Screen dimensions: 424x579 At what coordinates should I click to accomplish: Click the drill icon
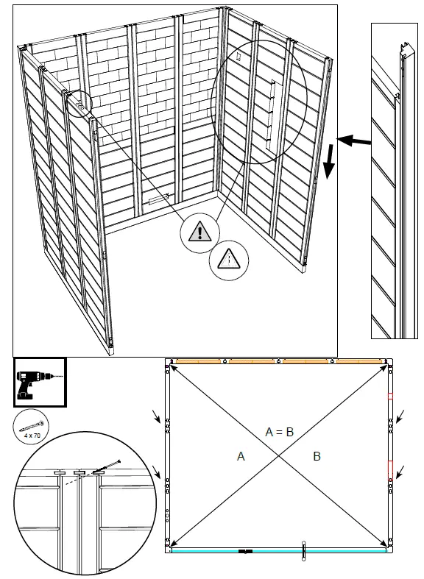[x=40, y=383]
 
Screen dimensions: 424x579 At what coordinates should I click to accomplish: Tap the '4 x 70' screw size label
[x=32, y=436]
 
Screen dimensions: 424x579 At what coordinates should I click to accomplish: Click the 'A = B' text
[x=280, y=432]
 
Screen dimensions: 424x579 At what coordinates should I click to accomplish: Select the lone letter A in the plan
[x=241, y=456]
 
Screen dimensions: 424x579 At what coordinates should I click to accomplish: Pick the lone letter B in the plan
[x=317, y=456]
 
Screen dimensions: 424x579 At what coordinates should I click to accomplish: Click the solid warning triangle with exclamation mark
[x=199, y=231]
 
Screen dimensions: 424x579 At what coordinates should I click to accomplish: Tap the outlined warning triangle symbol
[x=229, y=259]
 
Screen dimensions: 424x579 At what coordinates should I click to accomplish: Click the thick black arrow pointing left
[x=354, y=141]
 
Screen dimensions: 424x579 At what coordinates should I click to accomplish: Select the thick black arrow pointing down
[x=330, y=162]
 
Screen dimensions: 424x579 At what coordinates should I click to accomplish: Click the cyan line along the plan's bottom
[x=279, y=550]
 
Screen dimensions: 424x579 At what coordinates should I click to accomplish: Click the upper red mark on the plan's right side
[x=390, y=397]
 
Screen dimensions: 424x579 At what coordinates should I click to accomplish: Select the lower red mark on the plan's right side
[x=390, y=469]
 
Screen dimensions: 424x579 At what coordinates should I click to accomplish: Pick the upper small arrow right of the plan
[x=400, y=416]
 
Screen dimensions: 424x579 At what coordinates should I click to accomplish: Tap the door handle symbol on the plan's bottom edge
[x=303, y=551]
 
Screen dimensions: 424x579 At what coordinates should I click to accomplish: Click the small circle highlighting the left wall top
[x=79, y=104]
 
